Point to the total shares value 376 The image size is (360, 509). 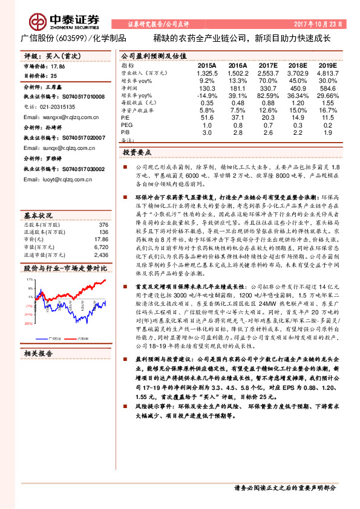point(103,208)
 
